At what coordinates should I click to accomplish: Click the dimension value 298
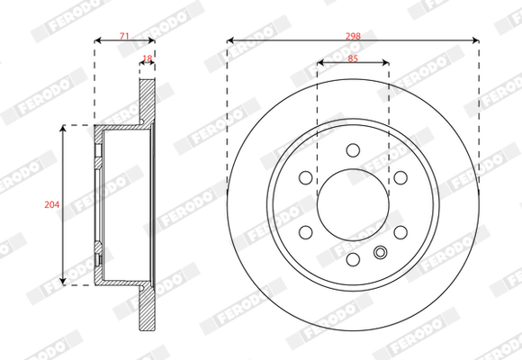pyautogui.click(x=353, y=36)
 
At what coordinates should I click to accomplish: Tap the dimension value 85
pyautogui.click(x=353, y=58)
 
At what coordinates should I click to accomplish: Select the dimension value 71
pyautogui.click(x=124, y=36)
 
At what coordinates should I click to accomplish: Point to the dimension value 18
pyautogui.click(x=147, y=58)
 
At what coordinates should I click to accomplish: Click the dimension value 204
pyautogui.click(x=52, y=204)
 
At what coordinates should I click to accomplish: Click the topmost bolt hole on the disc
pyautogui.click(x=353, y=150)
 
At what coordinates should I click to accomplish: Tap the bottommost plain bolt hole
pyautogui.click(x=353, y=259)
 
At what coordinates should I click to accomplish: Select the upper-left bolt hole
pyautogui.click(x=306, y=177)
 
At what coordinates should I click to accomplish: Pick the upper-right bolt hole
pyautogui.click(x=400, y=177)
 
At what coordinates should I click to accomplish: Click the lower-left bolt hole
pyautogui.click(x=306, y=232)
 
